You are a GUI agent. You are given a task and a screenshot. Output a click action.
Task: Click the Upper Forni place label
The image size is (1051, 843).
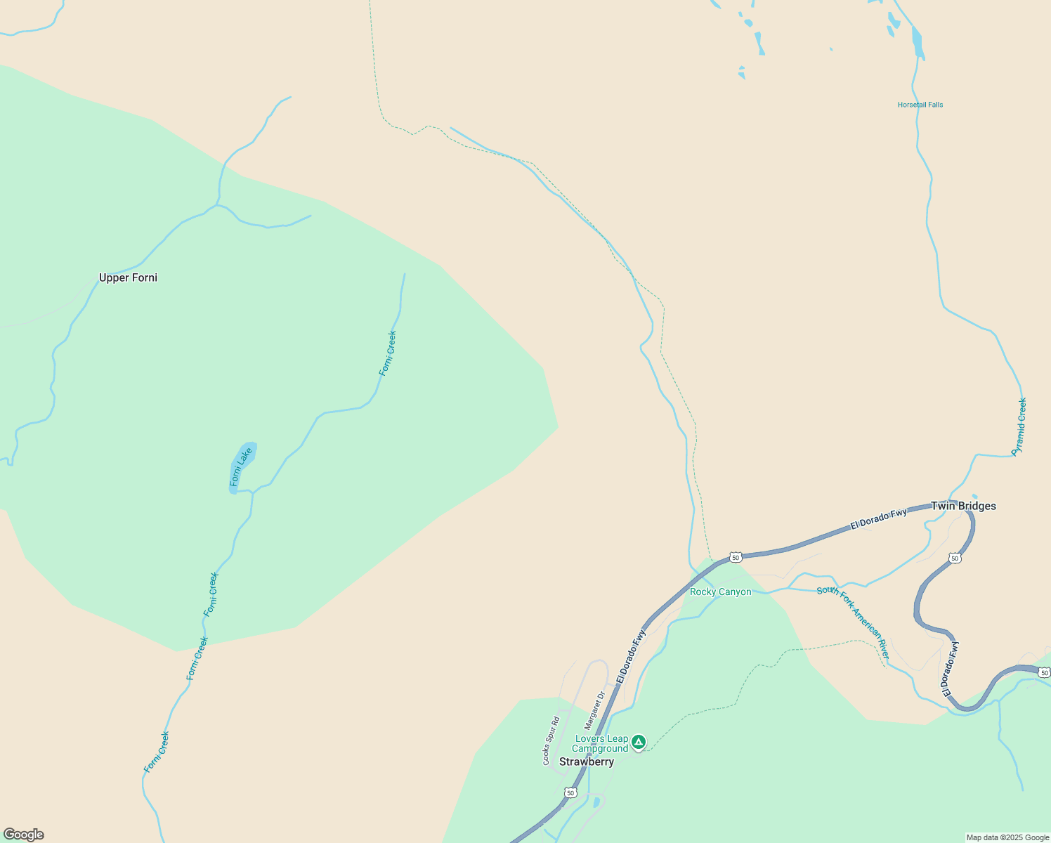[x=128, y=277]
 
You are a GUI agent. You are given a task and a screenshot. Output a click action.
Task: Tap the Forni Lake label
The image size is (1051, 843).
[x=241, y=466]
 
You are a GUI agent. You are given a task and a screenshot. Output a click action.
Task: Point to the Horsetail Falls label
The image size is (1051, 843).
[x=920, y=105]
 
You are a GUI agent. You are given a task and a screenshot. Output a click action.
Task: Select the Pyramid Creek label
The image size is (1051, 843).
[x=1019, y=426]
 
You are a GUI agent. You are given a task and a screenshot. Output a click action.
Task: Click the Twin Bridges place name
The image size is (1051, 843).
[x=963, y=506]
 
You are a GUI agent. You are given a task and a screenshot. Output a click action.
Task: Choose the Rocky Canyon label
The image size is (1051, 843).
[x=720, y=592]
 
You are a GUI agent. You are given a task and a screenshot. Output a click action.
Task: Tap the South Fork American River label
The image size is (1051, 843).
[x=853, y=622]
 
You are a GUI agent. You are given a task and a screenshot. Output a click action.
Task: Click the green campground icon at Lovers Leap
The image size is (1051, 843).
[x=638, y=742]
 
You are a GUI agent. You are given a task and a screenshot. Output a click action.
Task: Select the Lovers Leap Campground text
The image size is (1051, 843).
[x=601, y=743]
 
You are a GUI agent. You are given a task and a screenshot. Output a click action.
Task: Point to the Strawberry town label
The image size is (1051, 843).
[x=587, y=762]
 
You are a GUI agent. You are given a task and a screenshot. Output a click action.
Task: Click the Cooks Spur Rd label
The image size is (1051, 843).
[x=550, y=740]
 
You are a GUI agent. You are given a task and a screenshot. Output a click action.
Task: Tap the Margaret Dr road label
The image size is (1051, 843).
[x=595, y=710]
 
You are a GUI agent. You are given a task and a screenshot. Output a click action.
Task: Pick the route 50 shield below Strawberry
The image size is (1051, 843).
[x=570, y=792]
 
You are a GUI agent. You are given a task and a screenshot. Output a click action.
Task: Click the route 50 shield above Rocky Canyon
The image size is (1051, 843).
[x=735, y=557]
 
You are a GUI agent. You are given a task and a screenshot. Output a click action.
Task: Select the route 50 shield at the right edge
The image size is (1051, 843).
[x=1045, y=672]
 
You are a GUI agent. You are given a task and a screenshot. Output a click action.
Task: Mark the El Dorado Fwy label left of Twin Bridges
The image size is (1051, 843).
[x=878, y=519]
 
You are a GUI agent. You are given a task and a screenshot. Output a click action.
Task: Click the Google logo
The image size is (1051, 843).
[x=24, y=835]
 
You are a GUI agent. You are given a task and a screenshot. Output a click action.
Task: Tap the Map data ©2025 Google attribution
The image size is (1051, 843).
[x=1007, y=837]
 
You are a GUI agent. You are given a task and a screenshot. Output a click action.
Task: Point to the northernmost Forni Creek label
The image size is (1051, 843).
[x=388, y=353]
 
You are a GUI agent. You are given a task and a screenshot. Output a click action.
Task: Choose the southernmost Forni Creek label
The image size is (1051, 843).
[x=157, y=752]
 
